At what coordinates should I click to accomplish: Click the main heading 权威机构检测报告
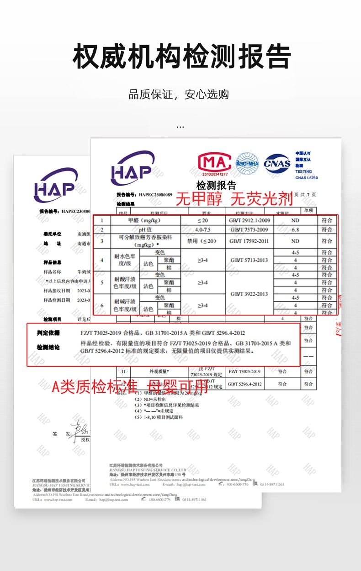pos(181,57)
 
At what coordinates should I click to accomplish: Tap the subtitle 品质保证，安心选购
pos(179,95)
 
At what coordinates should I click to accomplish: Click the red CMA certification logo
pos(214,163)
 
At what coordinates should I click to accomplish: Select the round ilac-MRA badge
pos(247,163)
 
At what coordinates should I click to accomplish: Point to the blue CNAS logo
pos(277,163)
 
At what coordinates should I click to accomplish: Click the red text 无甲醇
pos(199,199)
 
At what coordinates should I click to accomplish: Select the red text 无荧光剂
pos(262,199)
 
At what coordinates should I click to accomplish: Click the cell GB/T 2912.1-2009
pos(249,220)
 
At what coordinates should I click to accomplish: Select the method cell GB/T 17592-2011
pos(249,241)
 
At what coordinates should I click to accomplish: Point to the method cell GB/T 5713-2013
pos(249,260)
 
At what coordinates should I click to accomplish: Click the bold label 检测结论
pos(48,348)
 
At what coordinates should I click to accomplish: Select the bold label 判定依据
pos(48,333)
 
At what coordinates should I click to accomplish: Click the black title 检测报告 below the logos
pos(216,185)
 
